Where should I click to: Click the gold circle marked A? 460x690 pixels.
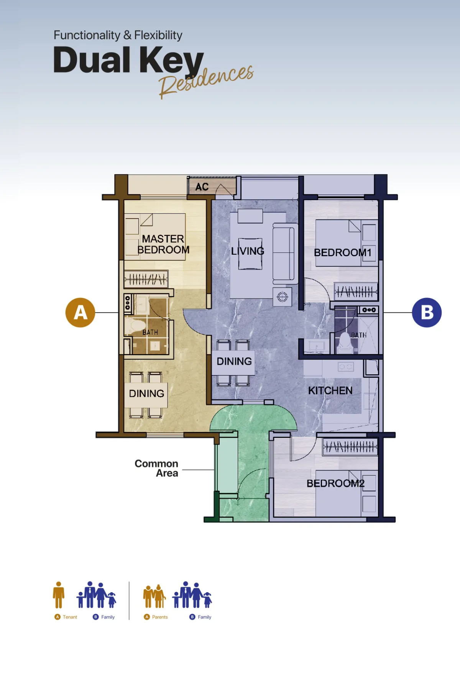[80, 312]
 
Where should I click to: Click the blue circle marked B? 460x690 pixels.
[427, 312]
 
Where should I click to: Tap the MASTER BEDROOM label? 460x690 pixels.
[163, 244]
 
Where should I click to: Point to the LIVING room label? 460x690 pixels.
[248, 251]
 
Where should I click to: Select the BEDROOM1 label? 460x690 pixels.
[343, 253]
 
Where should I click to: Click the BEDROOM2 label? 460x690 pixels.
[335, 483]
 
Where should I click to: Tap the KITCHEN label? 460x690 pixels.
[330, 390]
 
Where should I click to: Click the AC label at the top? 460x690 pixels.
[202, 187]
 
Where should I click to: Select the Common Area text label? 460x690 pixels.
[156, 468]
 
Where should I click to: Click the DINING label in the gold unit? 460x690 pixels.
[146, 394]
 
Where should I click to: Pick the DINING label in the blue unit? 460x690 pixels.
[234, 361]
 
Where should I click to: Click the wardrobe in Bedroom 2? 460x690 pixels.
[350, 446]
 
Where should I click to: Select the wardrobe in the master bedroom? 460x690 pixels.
[146, 279]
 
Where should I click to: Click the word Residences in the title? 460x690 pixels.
[206, 81]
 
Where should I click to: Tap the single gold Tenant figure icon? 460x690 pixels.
[59, 595]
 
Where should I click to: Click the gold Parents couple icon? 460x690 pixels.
[154, 596]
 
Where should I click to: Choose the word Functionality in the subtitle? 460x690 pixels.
[87, 35]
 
